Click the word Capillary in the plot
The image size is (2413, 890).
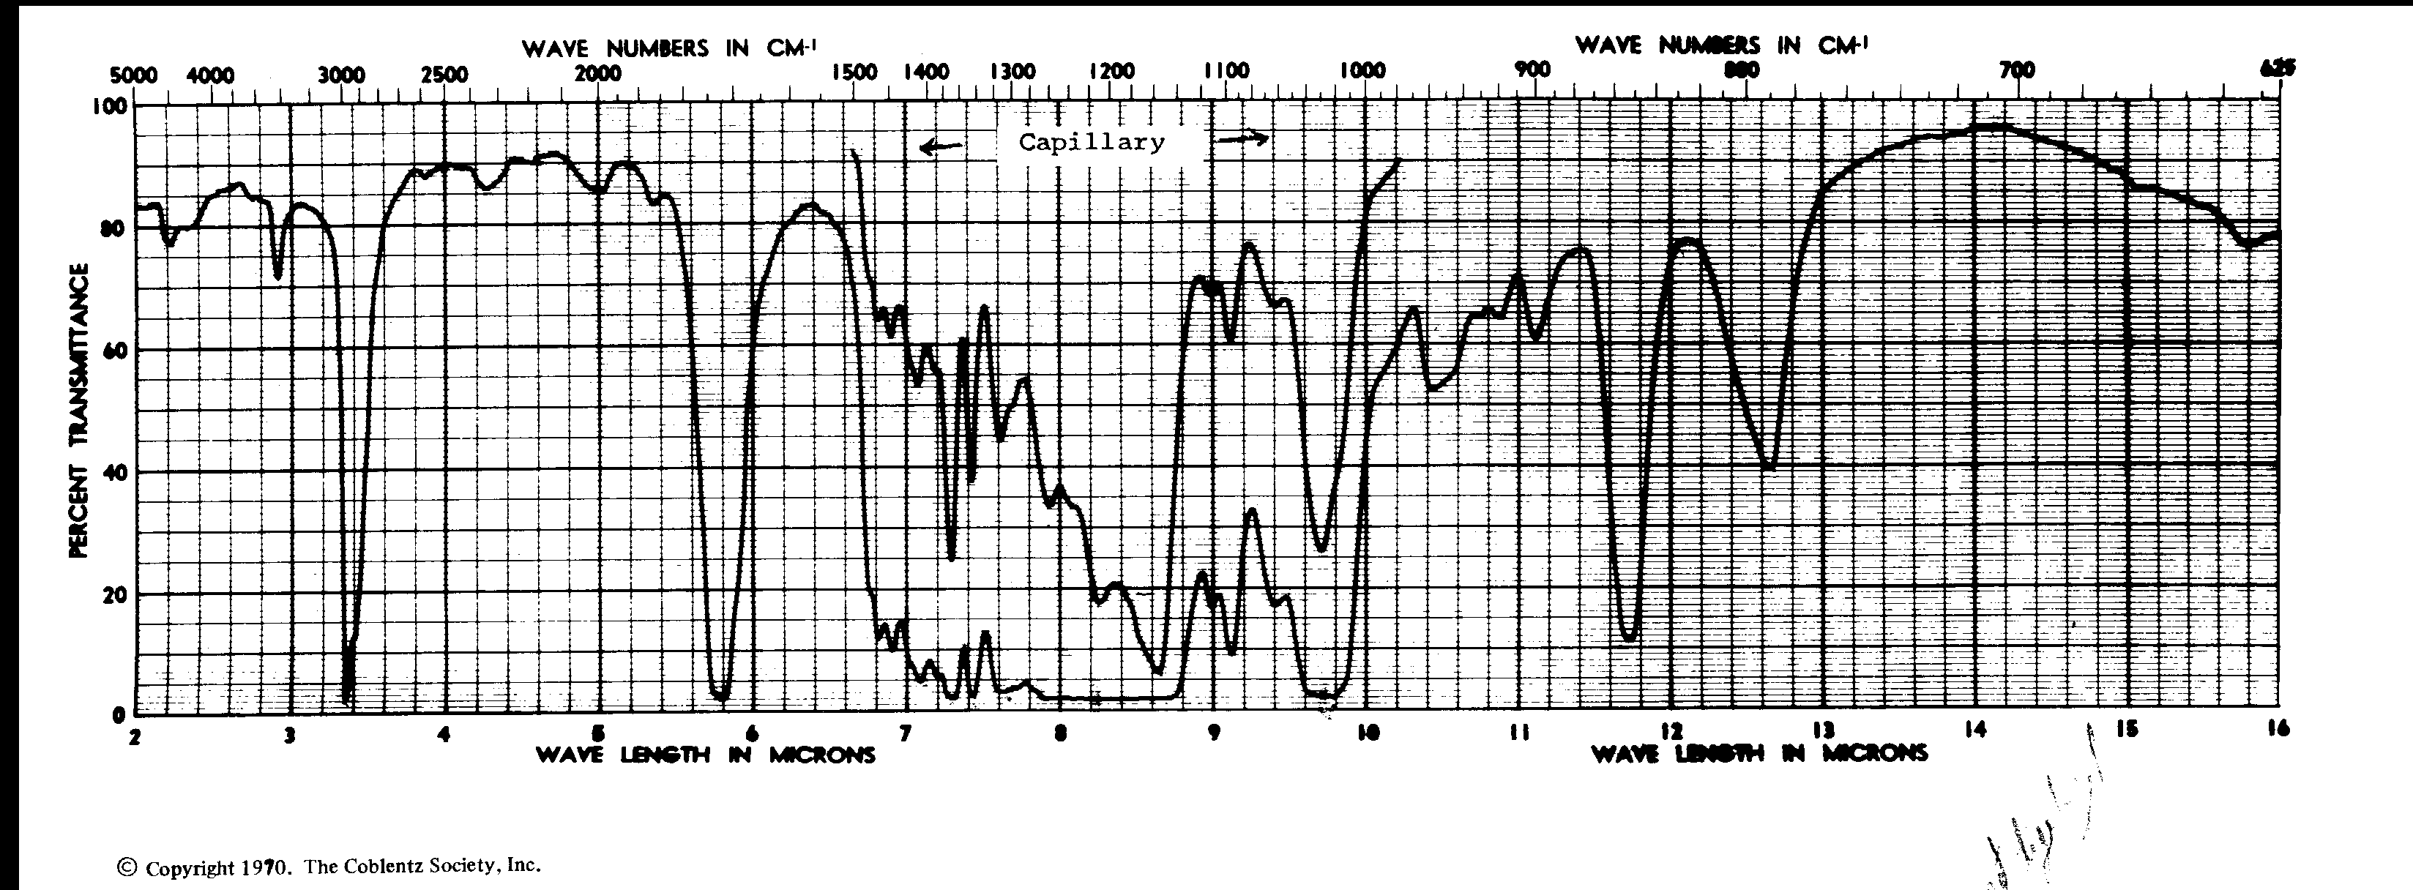click(1092, 143)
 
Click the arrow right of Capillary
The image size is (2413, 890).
click(1242, 138)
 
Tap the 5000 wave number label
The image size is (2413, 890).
click(134, 75)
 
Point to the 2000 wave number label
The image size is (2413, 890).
click(597, 73)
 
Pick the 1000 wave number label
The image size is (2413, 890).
click(1362, 71)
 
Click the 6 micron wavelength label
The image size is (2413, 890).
click(751, 735)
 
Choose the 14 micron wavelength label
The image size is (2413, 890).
click(1975, 730)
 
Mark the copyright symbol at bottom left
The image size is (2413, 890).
click(124, 867)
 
